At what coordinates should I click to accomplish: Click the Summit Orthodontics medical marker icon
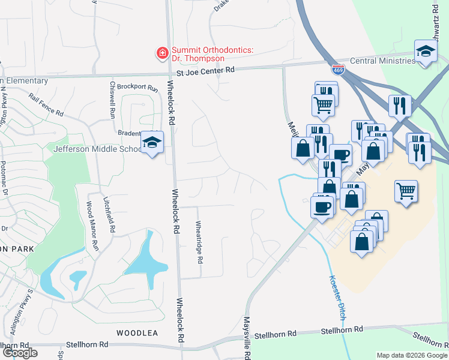tap(161, 54)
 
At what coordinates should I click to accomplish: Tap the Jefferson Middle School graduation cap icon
tap(152, 143)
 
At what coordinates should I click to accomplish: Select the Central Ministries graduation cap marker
tap(425, 51)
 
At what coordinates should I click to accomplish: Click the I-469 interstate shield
tap(339, 71)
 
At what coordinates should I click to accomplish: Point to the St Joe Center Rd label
tap(205, 72)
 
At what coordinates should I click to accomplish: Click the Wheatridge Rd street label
tap(200, 242)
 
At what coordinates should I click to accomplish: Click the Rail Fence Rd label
tap(46, 104)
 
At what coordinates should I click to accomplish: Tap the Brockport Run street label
tap(137, 88)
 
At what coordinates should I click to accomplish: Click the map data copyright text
tap(412, 355)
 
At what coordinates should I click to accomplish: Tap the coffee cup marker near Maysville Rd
tap(322, 207)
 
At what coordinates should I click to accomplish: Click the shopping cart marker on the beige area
tap(406, 191)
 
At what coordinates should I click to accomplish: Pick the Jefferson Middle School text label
tap(96, 149)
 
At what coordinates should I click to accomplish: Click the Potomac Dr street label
tap(4, 180)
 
